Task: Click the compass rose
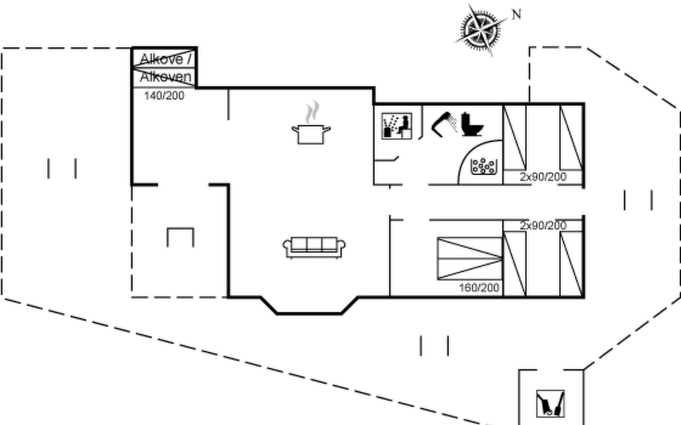click(481, 30)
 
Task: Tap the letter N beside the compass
click(516, 15)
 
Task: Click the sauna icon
click(397, 126)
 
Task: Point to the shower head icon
click(444, 124)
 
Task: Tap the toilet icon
click(472, 125)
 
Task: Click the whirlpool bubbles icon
click(483, 166)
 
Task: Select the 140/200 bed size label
click(164, 96)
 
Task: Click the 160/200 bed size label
click(479, 288)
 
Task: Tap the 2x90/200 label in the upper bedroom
click(543, 177)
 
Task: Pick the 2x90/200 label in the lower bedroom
click(543, 225)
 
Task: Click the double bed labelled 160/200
click(470, 259)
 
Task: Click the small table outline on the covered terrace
click(180, 237)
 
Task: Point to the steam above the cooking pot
click(312, 111)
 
